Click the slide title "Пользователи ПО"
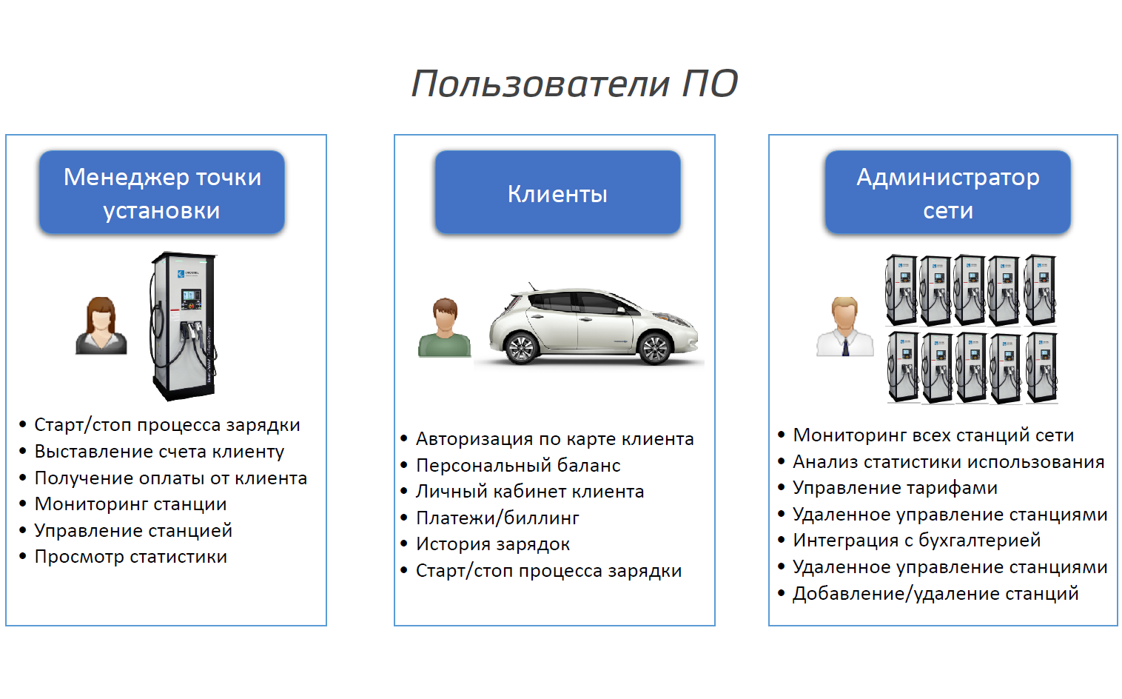coord(574,83)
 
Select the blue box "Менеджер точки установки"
coord(162,193)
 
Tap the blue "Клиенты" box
coord(557,193)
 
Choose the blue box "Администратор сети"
coord(947,193)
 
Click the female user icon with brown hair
coord(101,326)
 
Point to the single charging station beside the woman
coord(184,326)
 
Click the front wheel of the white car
coord(654,347)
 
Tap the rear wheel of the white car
coord(521,347)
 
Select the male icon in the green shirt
coord(444,328)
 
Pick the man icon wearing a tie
coord(844,327)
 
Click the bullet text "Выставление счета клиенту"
coord(159,452)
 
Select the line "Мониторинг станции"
coord(130,504)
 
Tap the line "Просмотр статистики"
coord(130,557)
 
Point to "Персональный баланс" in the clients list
coord(518,466)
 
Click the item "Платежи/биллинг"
coord(497,518)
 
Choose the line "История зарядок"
coord(493,544)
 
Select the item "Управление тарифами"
coord(895,488)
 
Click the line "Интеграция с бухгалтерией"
coord(916,541)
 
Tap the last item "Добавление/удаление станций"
coord(935,594)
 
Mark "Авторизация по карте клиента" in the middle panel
coord(554,439)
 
